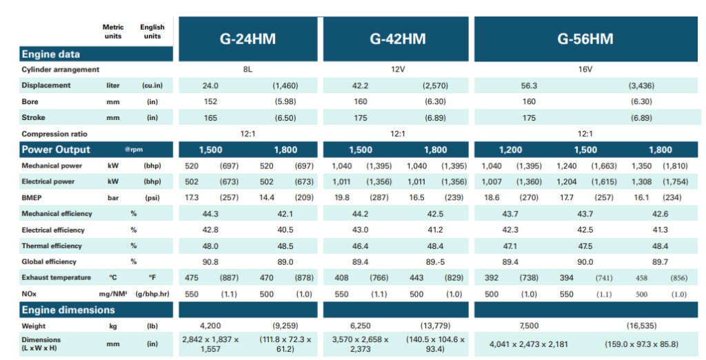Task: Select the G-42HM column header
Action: click(x=398, y=39)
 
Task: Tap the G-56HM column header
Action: click(x=585, y=39)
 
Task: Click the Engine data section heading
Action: click(x=51, y=54)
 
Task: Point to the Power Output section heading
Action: click(x=57, y=150)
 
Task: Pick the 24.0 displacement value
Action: click(x=210, y=86)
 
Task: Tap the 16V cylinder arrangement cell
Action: click(x=585, y=69)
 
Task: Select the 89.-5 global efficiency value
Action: click(x=435, y=262)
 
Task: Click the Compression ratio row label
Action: click(x=55, y=134)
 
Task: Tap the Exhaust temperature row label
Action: click(x=57, y=278)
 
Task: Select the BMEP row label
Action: click(x=32, y=198)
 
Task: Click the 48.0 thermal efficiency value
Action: click(x=210, y=246)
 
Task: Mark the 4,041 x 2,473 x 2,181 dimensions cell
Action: click(x=529, y=344)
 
